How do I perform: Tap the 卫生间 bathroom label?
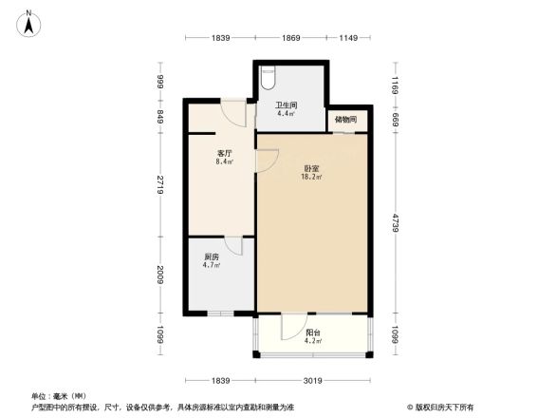(287, 105)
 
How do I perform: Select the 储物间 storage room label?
(346, 120)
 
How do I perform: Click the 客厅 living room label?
(225, 153)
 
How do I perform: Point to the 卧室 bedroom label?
(310, 168)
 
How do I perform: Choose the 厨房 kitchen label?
(212, 256)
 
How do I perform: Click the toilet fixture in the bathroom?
(268, 75)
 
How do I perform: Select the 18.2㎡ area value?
(310, 177)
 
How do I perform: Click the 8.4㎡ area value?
(225, 161)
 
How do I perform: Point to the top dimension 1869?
(290, 37)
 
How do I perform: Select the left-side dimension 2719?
(161, 183)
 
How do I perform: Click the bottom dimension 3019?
(313, 381)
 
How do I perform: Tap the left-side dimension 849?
(161, 117)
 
